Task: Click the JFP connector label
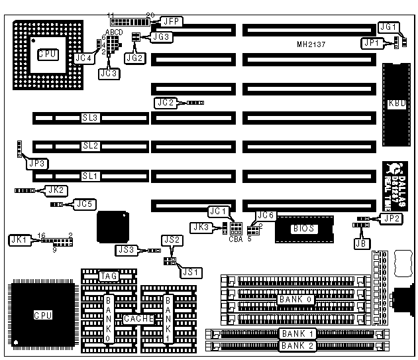158,21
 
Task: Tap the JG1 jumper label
388,27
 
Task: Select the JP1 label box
371,42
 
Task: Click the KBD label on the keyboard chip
397,103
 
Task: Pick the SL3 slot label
90,118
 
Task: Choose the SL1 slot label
90,176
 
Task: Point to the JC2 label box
165,103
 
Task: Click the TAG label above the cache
108,275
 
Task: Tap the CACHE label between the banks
138,319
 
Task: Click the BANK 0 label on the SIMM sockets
295,300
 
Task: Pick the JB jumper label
360,243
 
